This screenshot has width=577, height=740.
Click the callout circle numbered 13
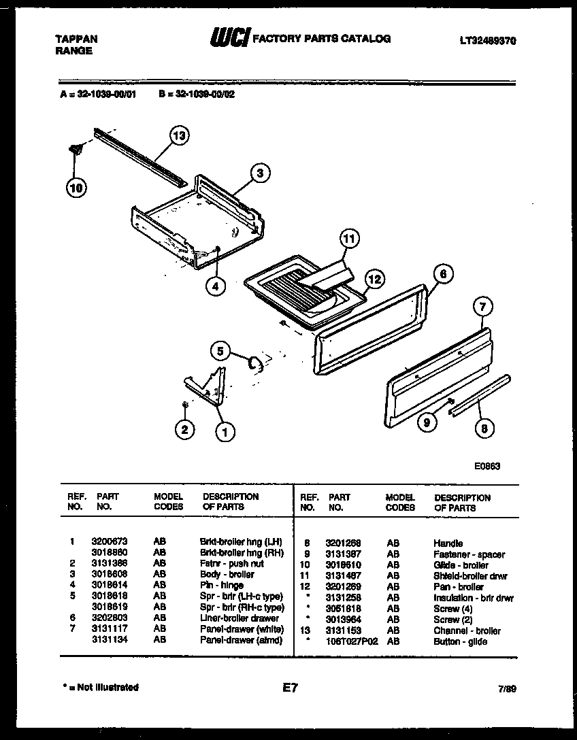pos(178,137)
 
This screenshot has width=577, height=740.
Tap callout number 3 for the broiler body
pos(259,173)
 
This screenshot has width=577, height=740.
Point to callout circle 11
pos(348,239)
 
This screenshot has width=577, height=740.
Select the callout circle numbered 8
pos(483,428)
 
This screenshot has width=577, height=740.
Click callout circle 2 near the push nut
pos(184,429)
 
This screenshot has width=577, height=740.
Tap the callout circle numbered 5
pos(220,351)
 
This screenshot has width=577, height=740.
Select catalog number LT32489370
pos(487,41)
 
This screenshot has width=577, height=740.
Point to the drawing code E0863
pos(487,467)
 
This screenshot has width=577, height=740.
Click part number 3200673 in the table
pos(108,541)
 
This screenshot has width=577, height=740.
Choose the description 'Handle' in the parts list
pos(448,543)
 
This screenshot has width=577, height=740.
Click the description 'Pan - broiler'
pos(458,587)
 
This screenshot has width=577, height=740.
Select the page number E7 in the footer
pos(290,688)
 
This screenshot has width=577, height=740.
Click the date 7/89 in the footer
pos(507,689)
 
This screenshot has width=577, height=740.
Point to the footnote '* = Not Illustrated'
pos(99,688)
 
